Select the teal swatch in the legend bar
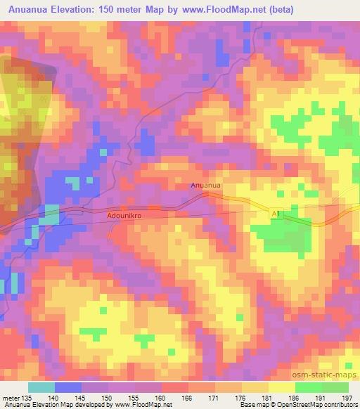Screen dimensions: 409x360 pos(41,387)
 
